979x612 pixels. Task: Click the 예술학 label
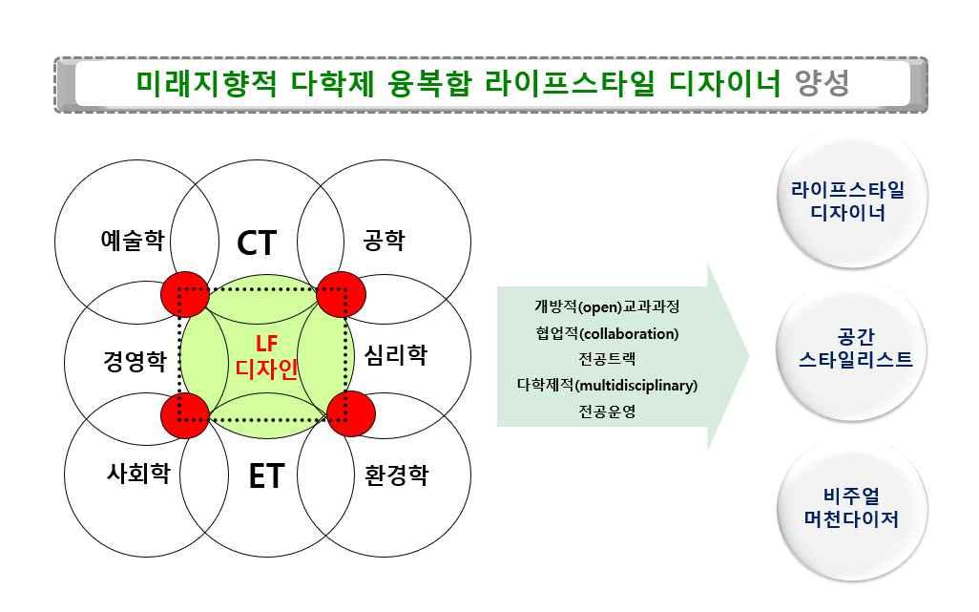tap(132, 240)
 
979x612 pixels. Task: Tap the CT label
tap(256, 243)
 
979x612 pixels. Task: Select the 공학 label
tap(384, 240)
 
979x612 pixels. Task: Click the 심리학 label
tap(396, 356)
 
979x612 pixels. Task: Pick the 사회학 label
tap(138, 472)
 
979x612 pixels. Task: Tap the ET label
tap(265, 475)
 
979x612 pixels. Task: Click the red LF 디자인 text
tap(267, 355)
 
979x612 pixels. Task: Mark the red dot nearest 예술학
tap(183, 293)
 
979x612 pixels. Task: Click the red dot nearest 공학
tap(342, 292)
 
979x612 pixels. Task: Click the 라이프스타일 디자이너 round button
tap(845, 200)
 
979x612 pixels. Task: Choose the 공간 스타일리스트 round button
tap(845, 348)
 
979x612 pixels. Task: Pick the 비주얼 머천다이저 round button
tap(845, 508)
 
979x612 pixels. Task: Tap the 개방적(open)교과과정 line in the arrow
tap(607, 307)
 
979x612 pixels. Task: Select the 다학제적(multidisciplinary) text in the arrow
tap(607, 386)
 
